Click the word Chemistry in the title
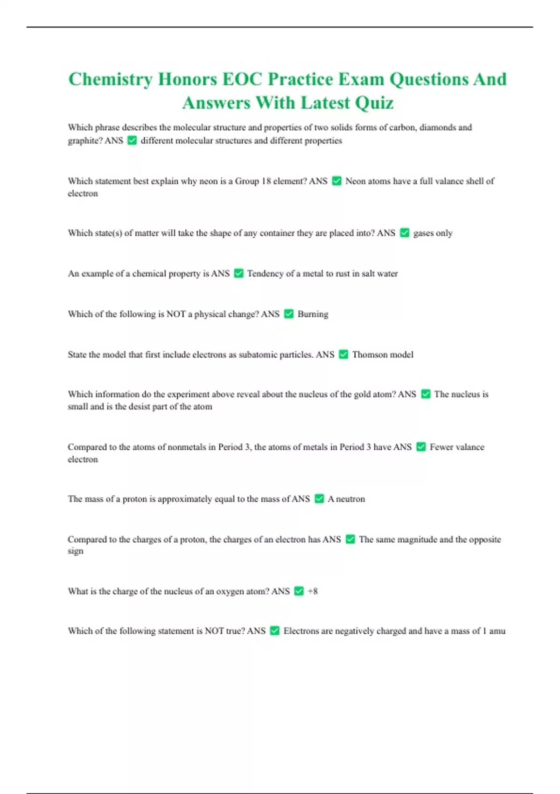pos(110,79)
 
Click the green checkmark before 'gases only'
pos(405,233)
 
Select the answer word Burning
pos(313,314)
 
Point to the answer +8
pos(313,591)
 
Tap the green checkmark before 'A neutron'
pos(319,499)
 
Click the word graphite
pos(84,141)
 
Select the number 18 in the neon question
pos(266,181)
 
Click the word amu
pos(497,631)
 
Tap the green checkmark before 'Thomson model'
pos(343,354)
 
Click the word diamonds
pos(439,127)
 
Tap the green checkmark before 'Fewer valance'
pos(421,447)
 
